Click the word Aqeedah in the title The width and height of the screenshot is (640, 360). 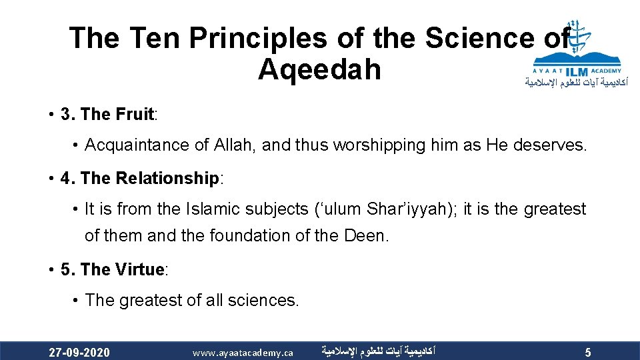click(x=319, y=69)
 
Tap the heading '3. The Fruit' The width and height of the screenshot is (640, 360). click(x=107, y=114)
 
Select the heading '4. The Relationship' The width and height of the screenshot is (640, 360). click(x=140, y=178)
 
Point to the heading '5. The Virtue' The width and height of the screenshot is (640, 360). click(x=113, y=269)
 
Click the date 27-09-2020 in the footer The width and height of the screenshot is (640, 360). click(x=79, y=352)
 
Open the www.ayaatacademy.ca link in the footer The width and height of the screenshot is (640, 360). click(x=243, y=352)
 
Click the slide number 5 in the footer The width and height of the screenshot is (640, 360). click(x=587, y=352)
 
